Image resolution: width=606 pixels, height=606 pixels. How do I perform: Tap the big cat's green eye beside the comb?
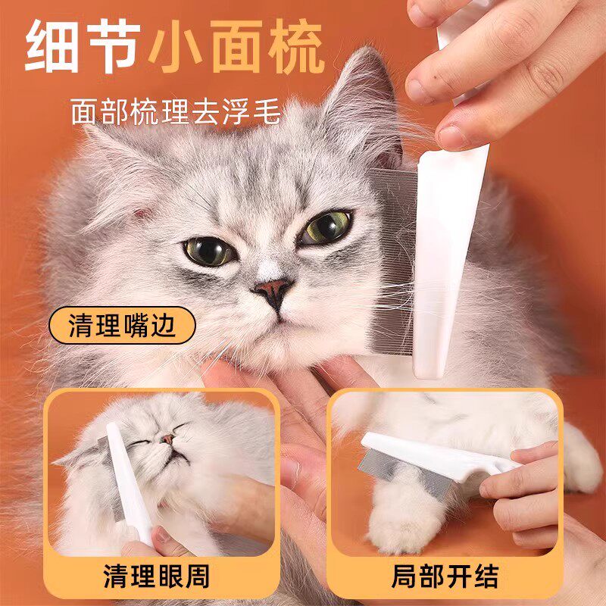pyautogui.click(x=326, y=227)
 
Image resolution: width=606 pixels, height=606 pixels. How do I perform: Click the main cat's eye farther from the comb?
pyautogui.click(x=209, y=251)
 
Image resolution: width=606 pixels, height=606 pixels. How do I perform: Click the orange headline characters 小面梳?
pyautogui.click(x=236, y=46)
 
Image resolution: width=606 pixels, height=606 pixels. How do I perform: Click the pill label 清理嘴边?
pyautogui.click(x=122, y=326)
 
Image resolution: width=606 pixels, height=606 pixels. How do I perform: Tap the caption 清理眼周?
pyautogui.click(x=157, y=576)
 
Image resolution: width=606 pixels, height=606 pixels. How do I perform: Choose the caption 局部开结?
pyautogui.click(x=445, y=576)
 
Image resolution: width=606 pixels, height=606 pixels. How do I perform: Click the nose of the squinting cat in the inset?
pyautogui.click(x=167, y=439)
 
